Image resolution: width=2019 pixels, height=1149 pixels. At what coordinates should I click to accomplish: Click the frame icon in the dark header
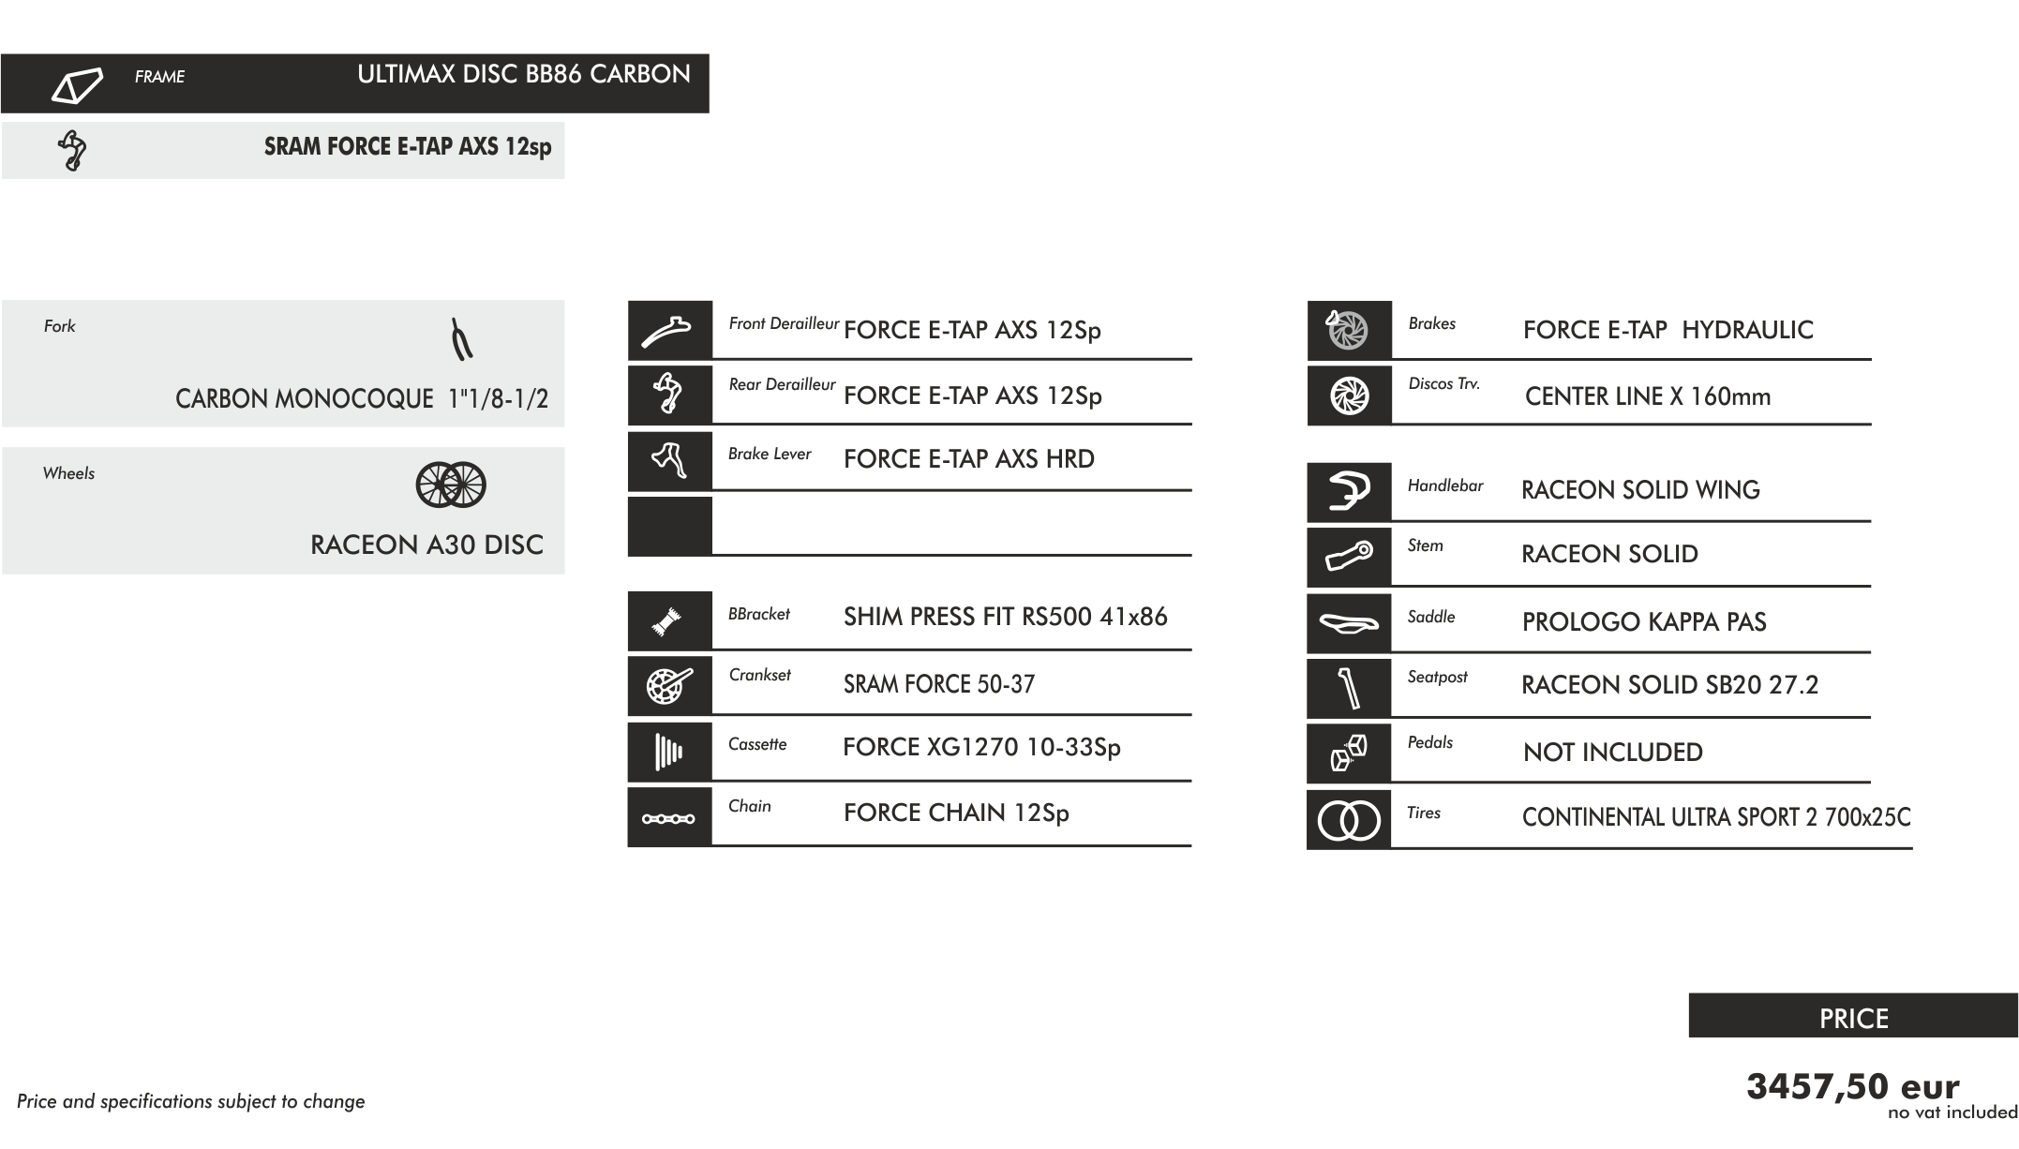76,85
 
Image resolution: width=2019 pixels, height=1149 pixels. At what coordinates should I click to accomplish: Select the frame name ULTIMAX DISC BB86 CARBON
523,75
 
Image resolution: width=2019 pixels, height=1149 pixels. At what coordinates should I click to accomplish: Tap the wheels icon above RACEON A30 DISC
451,485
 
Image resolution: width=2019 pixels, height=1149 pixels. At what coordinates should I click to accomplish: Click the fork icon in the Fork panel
461,340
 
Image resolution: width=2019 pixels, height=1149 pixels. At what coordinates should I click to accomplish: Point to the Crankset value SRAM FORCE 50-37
939,684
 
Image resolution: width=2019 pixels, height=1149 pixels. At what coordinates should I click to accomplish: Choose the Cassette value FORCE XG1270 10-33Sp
981,747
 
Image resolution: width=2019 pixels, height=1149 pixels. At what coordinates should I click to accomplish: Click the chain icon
668,818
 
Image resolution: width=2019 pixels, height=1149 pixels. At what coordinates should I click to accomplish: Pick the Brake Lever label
770,454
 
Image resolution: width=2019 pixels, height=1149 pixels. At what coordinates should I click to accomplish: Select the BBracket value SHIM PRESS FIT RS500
1005,617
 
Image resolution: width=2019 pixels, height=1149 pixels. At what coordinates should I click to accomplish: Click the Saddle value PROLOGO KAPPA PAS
1644,621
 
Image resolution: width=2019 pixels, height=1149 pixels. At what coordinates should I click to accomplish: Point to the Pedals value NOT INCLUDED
1612,752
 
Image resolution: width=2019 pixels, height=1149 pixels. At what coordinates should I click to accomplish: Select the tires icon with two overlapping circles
1349,821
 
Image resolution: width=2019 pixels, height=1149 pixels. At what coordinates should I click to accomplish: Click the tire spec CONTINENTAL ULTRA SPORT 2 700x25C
1715,817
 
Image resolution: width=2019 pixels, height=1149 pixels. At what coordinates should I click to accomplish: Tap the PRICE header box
1853,1017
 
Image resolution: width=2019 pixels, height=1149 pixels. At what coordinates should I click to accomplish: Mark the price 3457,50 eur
1852,1086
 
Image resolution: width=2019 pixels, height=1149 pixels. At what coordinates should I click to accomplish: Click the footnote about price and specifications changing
190,1101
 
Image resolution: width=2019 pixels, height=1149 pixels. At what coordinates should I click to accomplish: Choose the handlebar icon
1349,491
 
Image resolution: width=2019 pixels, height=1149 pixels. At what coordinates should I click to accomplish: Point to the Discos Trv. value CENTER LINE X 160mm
1647,396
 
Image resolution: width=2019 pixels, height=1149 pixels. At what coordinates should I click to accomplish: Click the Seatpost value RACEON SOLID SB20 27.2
1669,685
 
